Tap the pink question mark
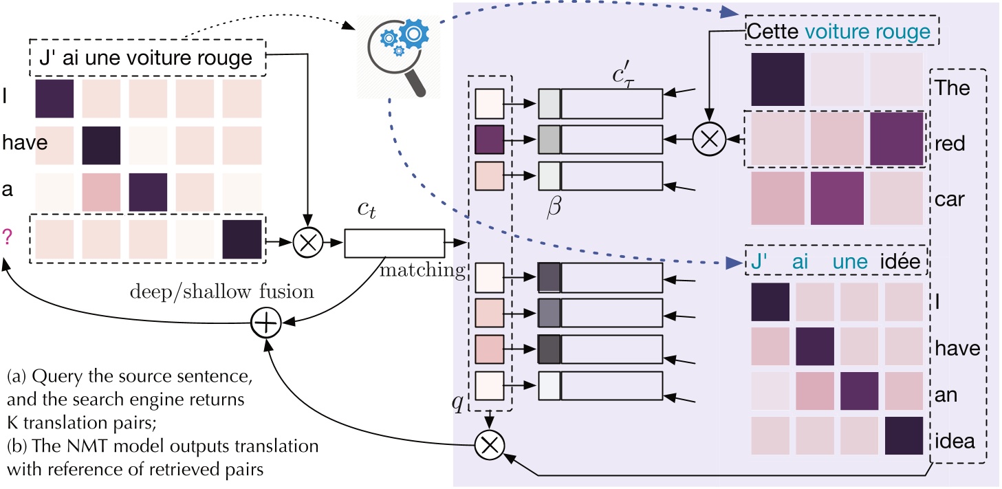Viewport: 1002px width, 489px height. (8, 237)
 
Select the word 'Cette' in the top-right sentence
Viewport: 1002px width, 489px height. (772, 32)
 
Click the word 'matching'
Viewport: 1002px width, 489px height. (422, 270)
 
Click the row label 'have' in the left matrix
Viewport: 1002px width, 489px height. (17, 144)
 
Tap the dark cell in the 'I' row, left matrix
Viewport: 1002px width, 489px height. (54, 98)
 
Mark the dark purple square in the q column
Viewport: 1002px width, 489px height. (490, 140)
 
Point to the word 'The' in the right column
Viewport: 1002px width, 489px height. (952, 88)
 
